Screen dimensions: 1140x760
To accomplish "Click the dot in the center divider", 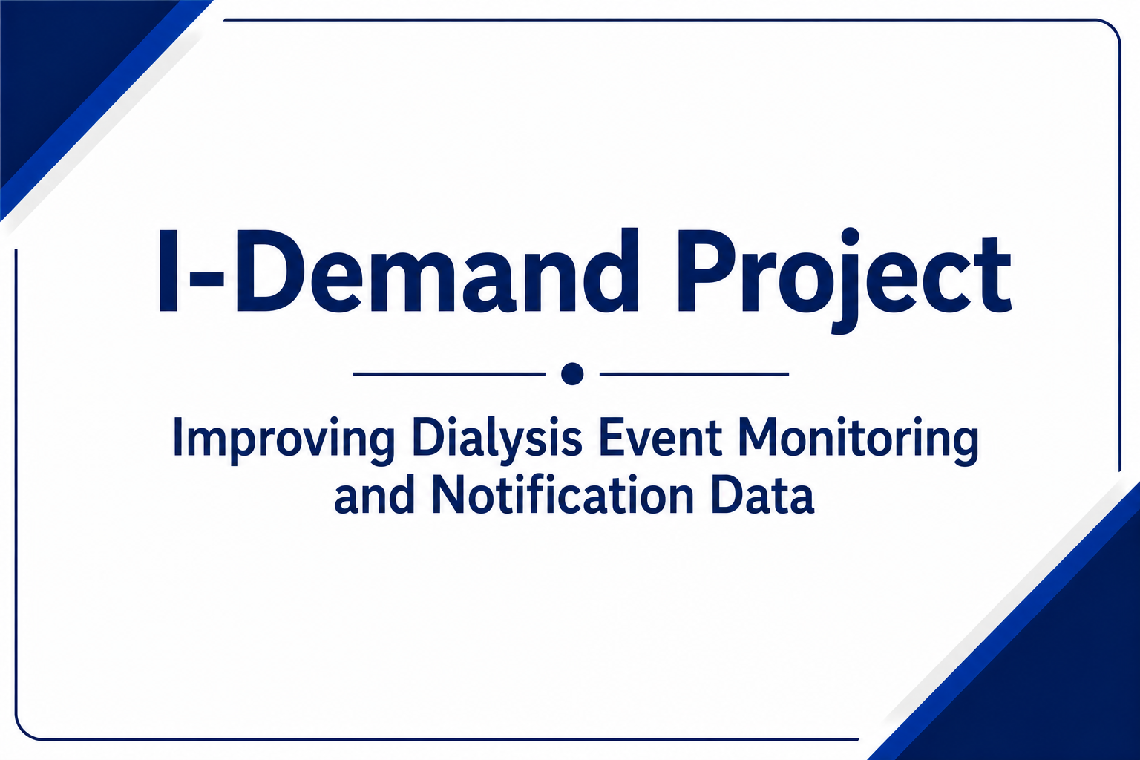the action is point(572,373).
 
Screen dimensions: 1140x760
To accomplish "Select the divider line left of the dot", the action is point(449,373).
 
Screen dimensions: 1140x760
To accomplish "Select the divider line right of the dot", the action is point(694,373).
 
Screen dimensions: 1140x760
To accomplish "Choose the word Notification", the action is point(563,494).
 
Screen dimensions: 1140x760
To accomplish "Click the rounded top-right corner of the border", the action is point(1112,28).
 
